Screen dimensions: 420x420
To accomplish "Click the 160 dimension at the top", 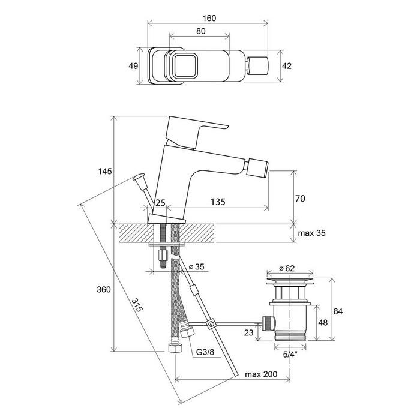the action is (209, 18).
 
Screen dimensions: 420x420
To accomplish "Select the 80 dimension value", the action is (200, 31).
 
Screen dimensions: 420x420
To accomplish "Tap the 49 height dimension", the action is (133, 65).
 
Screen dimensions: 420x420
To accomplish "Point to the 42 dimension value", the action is (287, 66).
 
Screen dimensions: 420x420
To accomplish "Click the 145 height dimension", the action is (105, 171).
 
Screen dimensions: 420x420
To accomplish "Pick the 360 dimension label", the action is (104, 289).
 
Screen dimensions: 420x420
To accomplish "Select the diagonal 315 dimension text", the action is (137, 305).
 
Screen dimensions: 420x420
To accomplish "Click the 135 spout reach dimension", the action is (218, 202).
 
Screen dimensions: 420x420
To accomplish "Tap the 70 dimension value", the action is (300, 199).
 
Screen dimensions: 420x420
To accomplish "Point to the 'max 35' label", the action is (311, 233).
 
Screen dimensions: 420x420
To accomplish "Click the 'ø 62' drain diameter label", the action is (287, 268).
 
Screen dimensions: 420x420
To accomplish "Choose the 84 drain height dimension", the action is (338, 311).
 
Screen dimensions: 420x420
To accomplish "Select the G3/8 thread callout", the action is (205, 352).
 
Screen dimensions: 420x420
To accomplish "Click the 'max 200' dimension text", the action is (261, 374).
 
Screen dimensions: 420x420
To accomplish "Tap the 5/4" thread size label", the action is (290, 355).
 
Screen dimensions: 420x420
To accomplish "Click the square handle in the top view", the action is (185, 65).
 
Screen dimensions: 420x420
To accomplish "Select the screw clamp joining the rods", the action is (211, 324).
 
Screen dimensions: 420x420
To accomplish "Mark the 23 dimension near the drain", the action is (248, 332).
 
